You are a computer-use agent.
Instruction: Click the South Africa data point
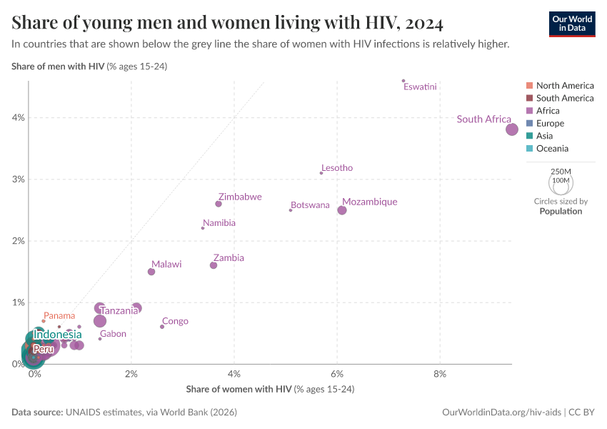coord(512,129)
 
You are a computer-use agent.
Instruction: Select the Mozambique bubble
coord(342,210)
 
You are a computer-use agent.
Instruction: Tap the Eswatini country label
coord(420,87)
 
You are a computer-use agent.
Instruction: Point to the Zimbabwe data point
coord(219,204)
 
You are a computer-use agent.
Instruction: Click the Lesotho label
coord(337,168)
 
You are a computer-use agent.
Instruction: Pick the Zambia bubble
coord(214,265)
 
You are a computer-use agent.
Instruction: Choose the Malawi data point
coord(151,272)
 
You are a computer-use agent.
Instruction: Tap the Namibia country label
coord(219,223)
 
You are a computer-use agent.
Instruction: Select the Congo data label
coord(175,321)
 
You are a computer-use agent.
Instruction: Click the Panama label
coord(59,315)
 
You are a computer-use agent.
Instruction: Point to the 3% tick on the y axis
coord(18,179)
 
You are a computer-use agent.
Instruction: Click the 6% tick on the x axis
coord(338,374)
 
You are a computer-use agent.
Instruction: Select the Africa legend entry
coord(548,111)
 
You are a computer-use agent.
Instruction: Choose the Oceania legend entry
coord(552,149)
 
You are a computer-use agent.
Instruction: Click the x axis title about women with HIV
coord(270,390)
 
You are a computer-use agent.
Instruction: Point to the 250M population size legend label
coord(561,172)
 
